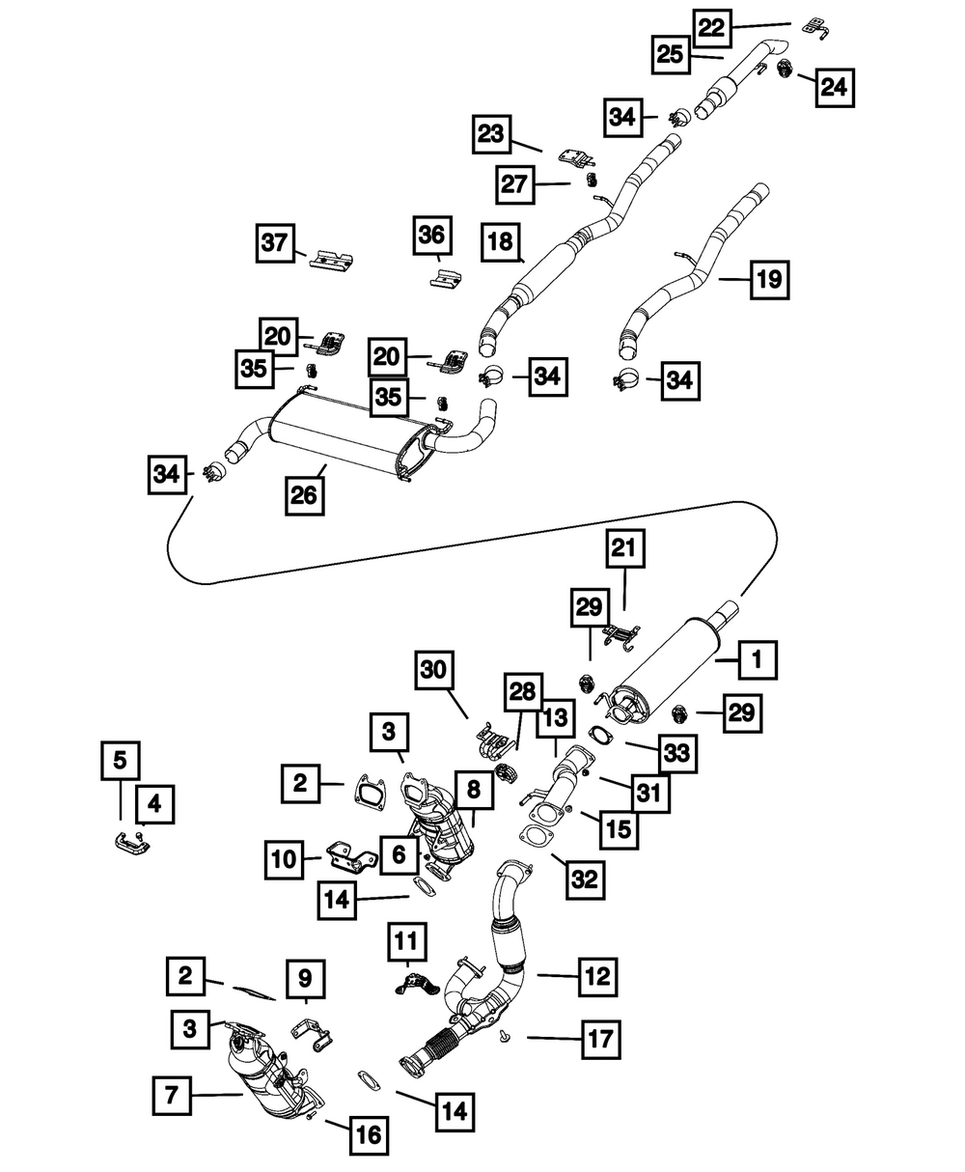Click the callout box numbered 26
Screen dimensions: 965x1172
click(x=304, y=495)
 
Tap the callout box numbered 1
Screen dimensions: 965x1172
click(x=758, y=659)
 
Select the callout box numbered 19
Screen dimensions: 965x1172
click(x=769, y=280)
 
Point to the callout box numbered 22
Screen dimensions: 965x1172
click(x=712, y=29)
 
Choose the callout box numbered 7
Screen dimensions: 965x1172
click(x=172, y=1095)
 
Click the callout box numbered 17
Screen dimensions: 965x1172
click(x=601, y=1039)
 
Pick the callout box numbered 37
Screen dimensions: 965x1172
click(x=275, y=243)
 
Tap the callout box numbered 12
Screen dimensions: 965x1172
click(x=597, y=977)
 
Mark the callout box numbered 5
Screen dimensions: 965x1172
click(x=121, y=761)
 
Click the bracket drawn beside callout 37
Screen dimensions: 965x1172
click(x=332, y=264)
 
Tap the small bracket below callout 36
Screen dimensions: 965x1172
click(x=446, y=278)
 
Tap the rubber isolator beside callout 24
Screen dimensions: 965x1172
click(x=785, y=70)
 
